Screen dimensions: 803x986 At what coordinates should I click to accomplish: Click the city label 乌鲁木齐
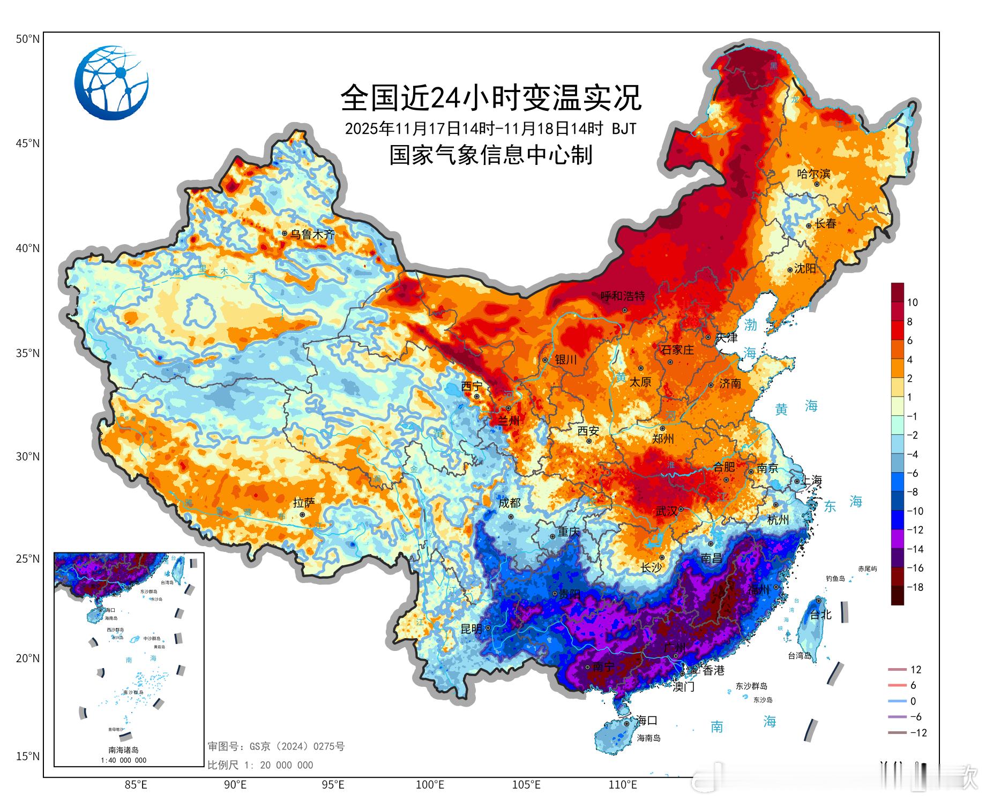[312, 234]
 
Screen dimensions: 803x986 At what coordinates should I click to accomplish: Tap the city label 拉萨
[304, 503]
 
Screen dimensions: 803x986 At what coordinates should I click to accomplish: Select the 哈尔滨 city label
[813, 173]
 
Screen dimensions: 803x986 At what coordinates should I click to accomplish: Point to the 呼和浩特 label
[623, 296]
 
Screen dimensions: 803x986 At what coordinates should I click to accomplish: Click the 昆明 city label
[472, 629]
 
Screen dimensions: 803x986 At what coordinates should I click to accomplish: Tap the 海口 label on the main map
[646, 720]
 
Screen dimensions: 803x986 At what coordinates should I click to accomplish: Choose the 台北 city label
[820, 615]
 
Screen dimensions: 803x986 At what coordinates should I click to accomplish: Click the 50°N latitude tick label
[27, 39]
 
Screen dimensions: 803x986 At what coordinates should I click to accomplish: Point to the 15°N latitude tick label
[27, 756]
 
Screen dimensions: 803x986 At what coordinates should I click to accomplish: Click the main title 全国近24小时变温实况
[491, 98]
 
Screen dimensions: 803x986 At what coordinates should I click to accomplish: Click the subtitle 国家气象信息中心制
[491, 155]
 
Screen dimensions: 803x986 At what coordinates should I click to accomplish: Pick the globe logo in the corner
[111, 83]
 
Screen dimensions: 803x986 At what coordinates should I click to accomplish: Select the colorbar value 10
[912, 302]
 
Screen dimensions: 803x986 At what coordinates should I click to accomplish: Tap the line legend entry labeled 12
[915, 670]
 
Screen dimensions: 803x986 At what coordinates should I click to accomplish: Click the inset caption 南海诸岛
[124, 750]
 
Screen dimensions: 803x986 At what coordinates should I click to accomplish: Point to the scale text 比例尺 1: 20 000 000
[260, 765]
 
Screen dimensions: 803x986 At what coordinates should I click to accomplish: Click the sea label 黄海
[796, 408]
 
